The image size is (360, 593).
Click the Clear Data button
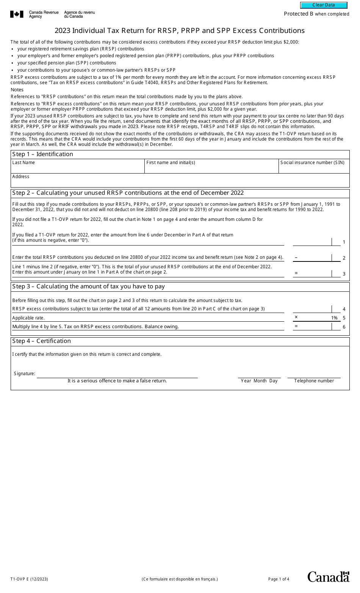pos(324,5)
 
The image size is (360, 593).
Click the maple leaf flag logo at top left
pos(17,14)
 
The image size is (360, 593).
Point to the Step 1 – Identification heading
pos(43,154)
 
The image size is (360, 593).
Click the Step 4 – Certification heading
pos(42,341)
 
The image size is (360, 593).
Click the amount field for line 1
pos(312,242)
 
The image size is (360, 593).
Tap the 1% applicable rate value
pos(334,318)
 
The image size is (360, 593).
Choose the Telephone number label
pos(314,381)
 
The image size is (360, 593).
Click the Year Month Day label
pos(259,381)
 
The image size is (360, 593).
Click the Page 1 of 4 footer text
pos(279,579)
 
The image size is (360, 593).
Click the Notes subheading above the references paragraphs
pos(17,90)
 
